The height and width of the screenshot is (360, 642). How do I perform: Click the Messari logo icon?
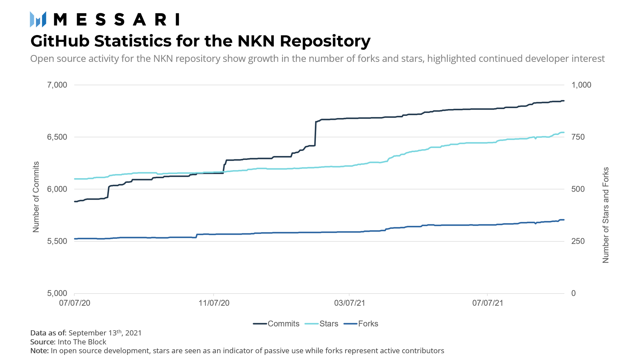click(38, 19)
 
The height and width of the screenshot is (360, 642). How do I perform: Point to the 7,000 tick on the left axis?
click(57, 85)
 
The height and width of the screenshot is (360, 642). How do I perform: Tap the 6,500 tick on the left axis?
click(57, 137)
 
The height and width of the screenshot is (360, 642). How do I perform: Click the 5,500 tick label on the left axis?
click(57, 241)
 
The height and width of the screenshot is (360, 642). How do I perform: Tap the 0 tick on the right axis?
click(573, 294)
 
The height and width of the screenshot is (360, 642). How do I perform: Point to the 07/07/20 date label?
click(75, 303)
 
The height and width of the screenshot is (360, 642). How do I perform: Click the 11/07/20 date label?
click(214, 303)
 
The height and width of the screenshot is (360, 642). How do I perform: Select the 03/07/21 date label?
click(349, 303)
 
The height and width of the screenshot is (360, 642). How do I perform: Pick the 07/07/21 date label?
click(488, 303)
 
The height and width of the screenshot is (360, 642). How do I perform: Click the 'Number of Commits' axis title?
click(36, 197)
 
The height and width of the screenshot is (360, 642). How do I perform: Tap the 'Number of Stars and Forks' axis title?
click(606, 215)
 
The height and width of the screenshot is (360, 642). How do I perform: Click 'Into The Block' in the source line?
click(82, 342)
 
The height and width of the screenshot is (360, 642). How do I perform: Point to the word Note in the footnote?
click(39, 351)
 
